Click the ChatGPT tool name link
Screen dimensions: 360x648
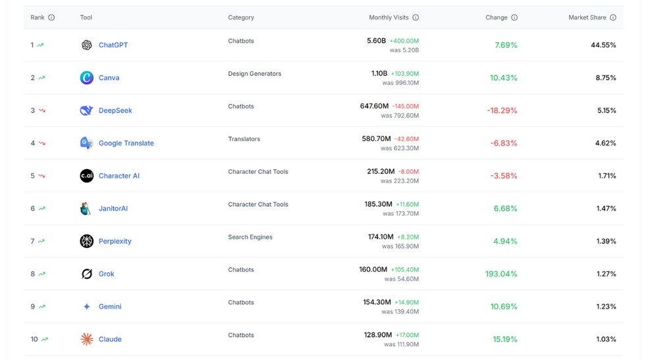[x=113, y=45]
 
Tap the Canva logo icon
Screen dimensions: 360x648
[x=86, y=78]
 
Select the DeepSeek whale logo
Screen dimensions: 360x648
[x=86, y=111]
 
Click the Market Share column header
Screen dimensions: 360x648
[x=587, y=18]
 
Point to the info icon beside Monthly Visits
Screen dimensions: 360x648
[x=416, y=18]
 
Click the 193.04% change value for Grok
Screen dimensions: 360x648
[x=500, y=274]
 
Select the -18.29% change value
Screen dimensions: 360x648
[x=502, y=111]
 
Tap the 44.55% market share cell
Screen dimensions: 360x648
[x=603, y=45]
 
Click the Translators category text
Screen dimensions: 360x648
[x=244, y=139]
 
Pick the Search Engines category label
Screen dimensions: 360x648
[x=250, y=237]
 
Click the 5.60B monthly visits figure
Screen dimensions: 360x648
[x=376, y=41]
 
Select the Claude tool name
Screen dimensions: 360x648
[x=110, y=339]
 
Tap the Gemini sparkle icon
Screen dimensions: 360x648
[x=86, y=307]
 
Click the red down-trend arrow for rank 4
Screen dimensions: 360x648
[x=41, y=143]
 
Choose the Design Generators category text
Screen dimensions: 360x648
[x=254, y=74]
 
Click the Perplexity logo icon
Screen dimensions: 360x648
[x=86, y=241]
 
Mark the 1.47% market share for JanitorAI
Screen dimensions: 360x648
[x=606, y=208]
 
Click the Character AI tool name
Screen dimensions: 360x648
[x=119, y=176]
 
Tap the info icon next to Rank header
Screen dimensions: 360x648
[x=51, y=18]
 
